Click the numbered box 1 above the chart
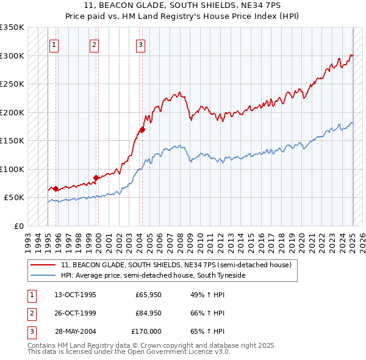point(54,44)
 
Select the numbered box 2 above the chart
point(95,44)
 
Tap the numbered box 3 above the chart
point(140,44)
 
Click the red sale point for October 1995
point(56,189)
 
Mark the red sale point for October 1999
point(96,178)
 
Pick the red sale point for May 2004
point(142,129)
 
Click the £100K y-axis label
point(12,169)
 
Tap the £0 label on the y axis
point(18,226)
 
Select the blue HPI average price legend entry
point(152,276)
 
